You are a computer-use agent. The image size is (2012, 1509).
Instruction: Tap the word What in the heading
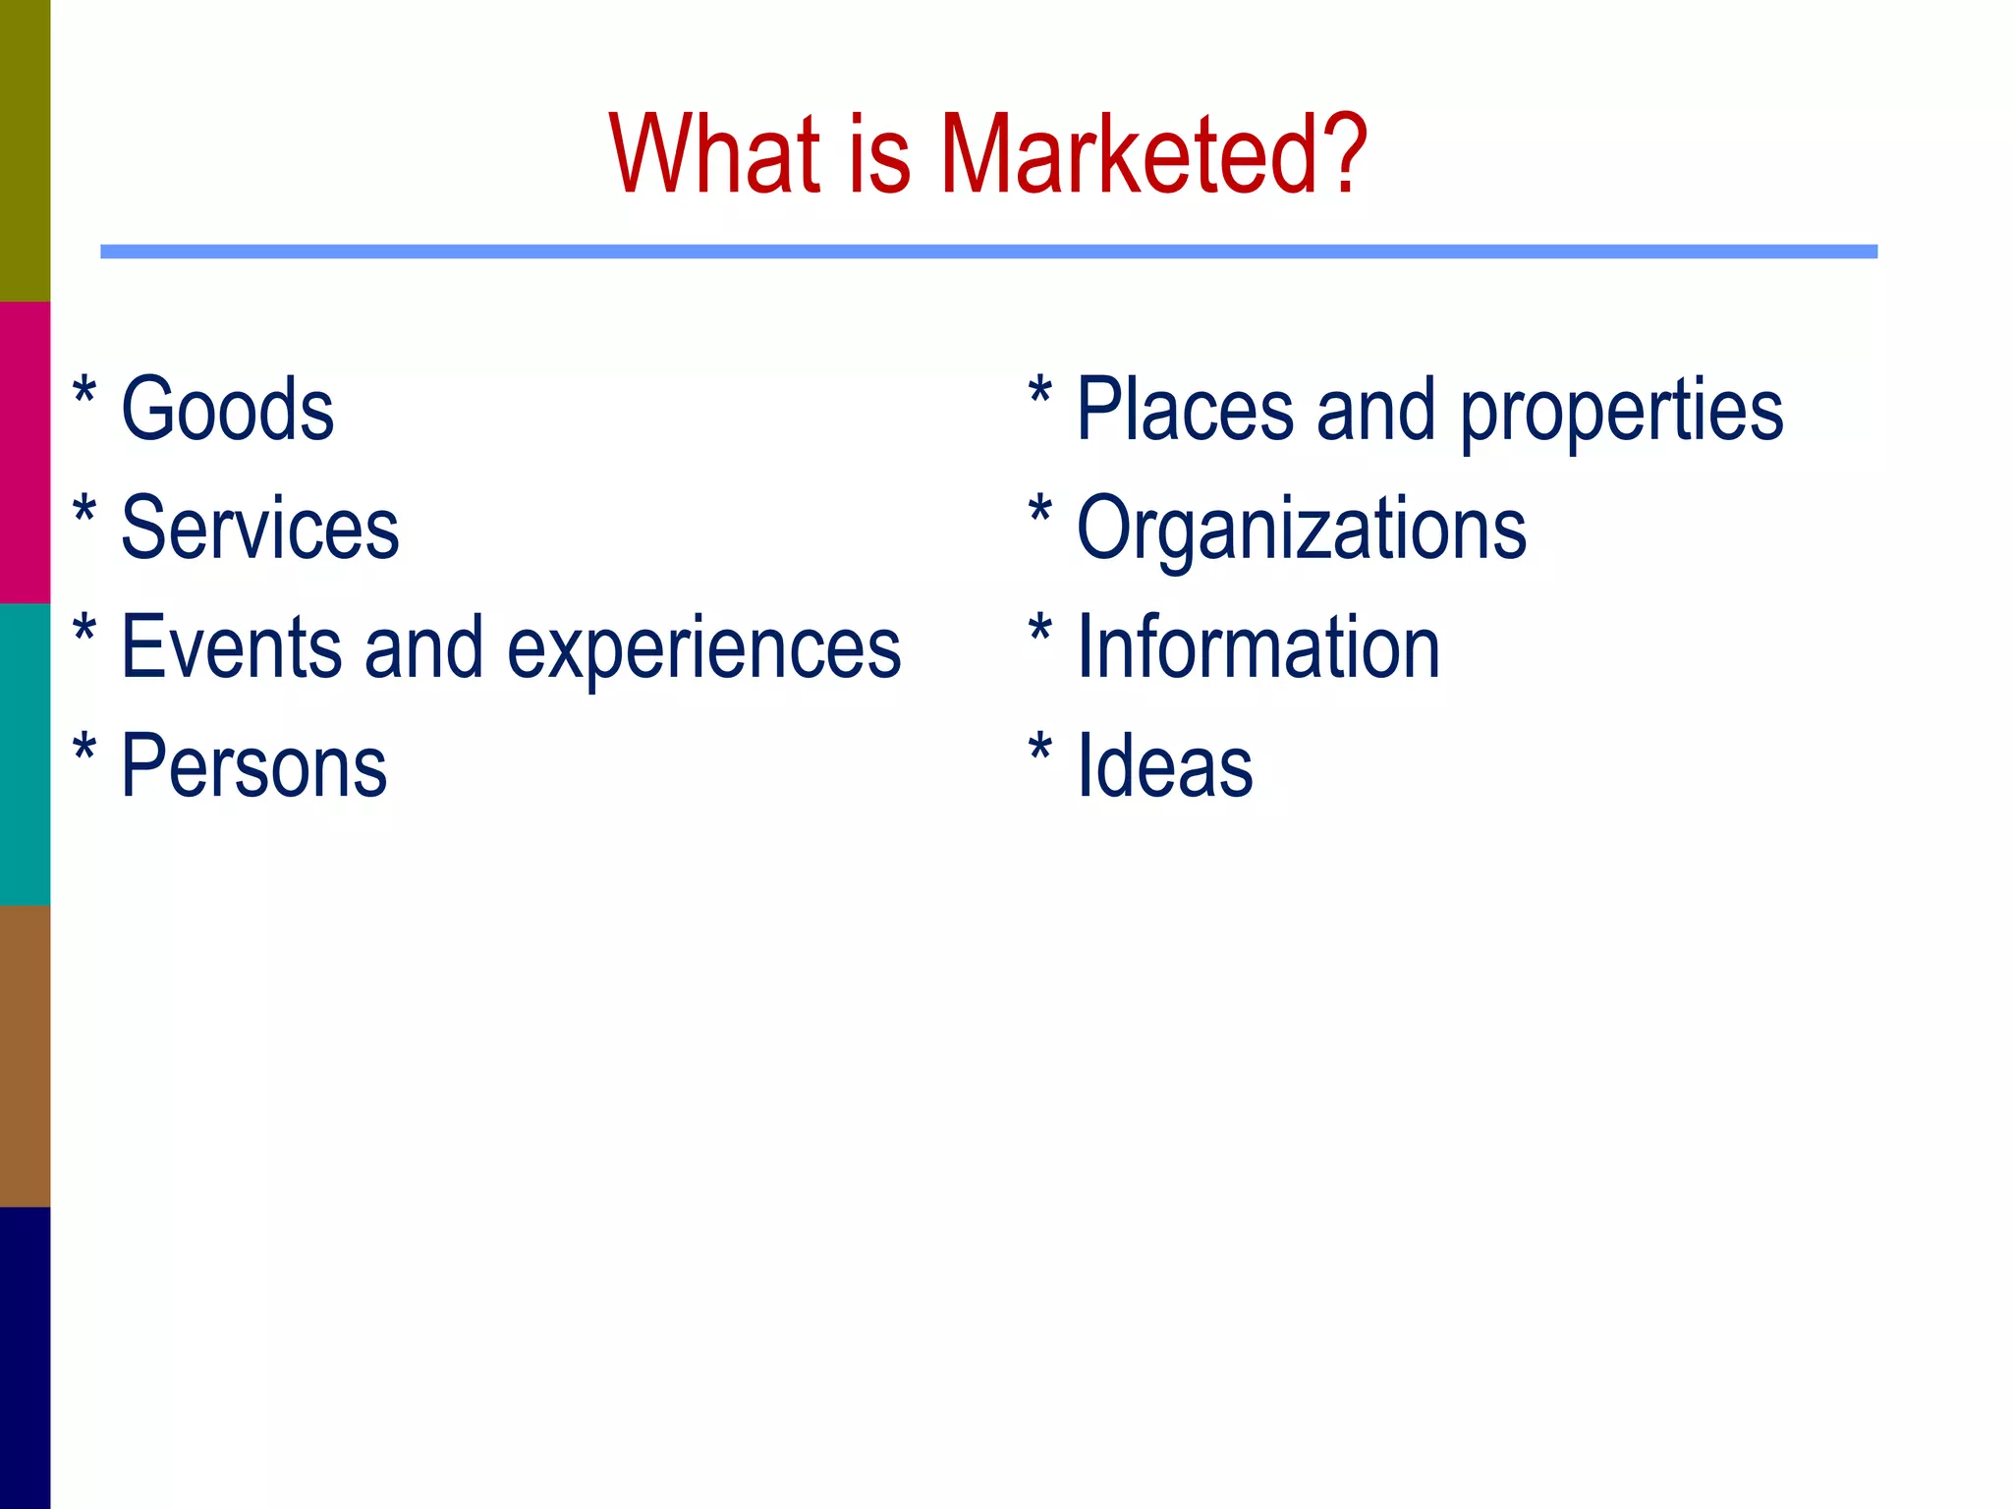click(714, 154)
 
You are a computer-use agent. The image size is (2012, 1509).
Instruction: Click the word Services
click(259, 528)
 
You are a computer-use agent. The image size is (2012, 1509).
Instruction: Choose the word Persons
click(253, 765)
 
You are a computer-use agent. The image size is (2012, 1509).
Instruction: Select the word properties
click(1621, 411)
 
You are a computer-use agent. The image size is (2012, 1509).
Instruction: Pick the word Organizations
click(1302, 530)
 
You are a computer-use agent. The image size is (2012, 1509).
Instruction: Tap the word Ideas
click(1165, 765)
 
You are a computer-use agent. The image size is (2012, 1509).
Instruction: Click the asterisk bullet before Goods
click(85, 392)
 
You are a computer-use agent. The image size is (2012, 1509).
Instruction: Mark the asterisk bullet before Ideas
click(1040, 750)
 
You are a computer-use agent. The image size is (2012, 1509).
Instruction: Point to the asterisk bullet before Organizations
click(1040, 512)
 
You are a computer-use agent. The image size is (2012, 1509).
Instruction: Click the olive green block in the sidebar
click(25, 150)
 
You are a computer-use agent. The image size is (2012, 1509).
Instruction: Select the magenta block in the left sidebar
click(25, 452)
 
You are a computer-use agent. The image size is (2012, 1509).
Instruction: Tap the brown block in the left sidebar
click(25, 1055)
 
